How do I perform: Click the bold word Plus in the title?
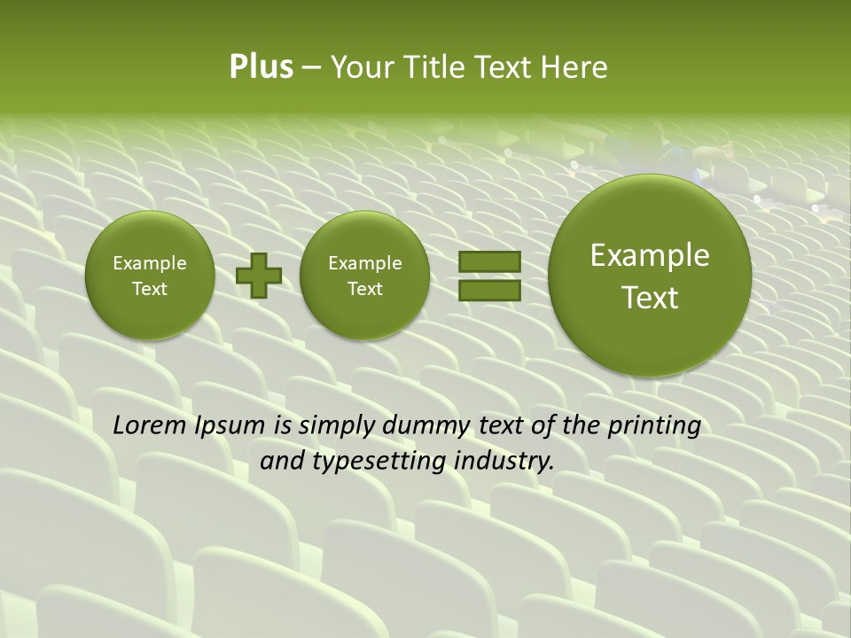(x=261, y=67)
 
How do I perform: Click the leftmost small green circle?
(x=150, y=276)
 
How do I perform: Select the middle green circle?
(x=365, y=276)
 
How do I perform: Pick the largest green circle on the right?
(x=650, y=276)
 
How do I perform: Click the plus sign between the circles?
(x=259, y=276)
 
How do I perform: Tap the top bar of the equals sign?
(x=489, y=261)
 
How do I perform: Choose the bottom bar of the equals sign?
(x=489, y=290)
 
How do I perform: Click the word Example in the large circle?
(x=650, y=255)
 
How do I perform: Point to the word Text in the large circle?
(x=650, y=298)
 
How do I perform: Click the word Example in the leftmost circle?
(x=150, y=263)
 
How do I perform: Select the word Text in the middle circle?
(x=365, y=289)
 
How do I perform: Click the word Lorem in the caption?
(x=150, y=426)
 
